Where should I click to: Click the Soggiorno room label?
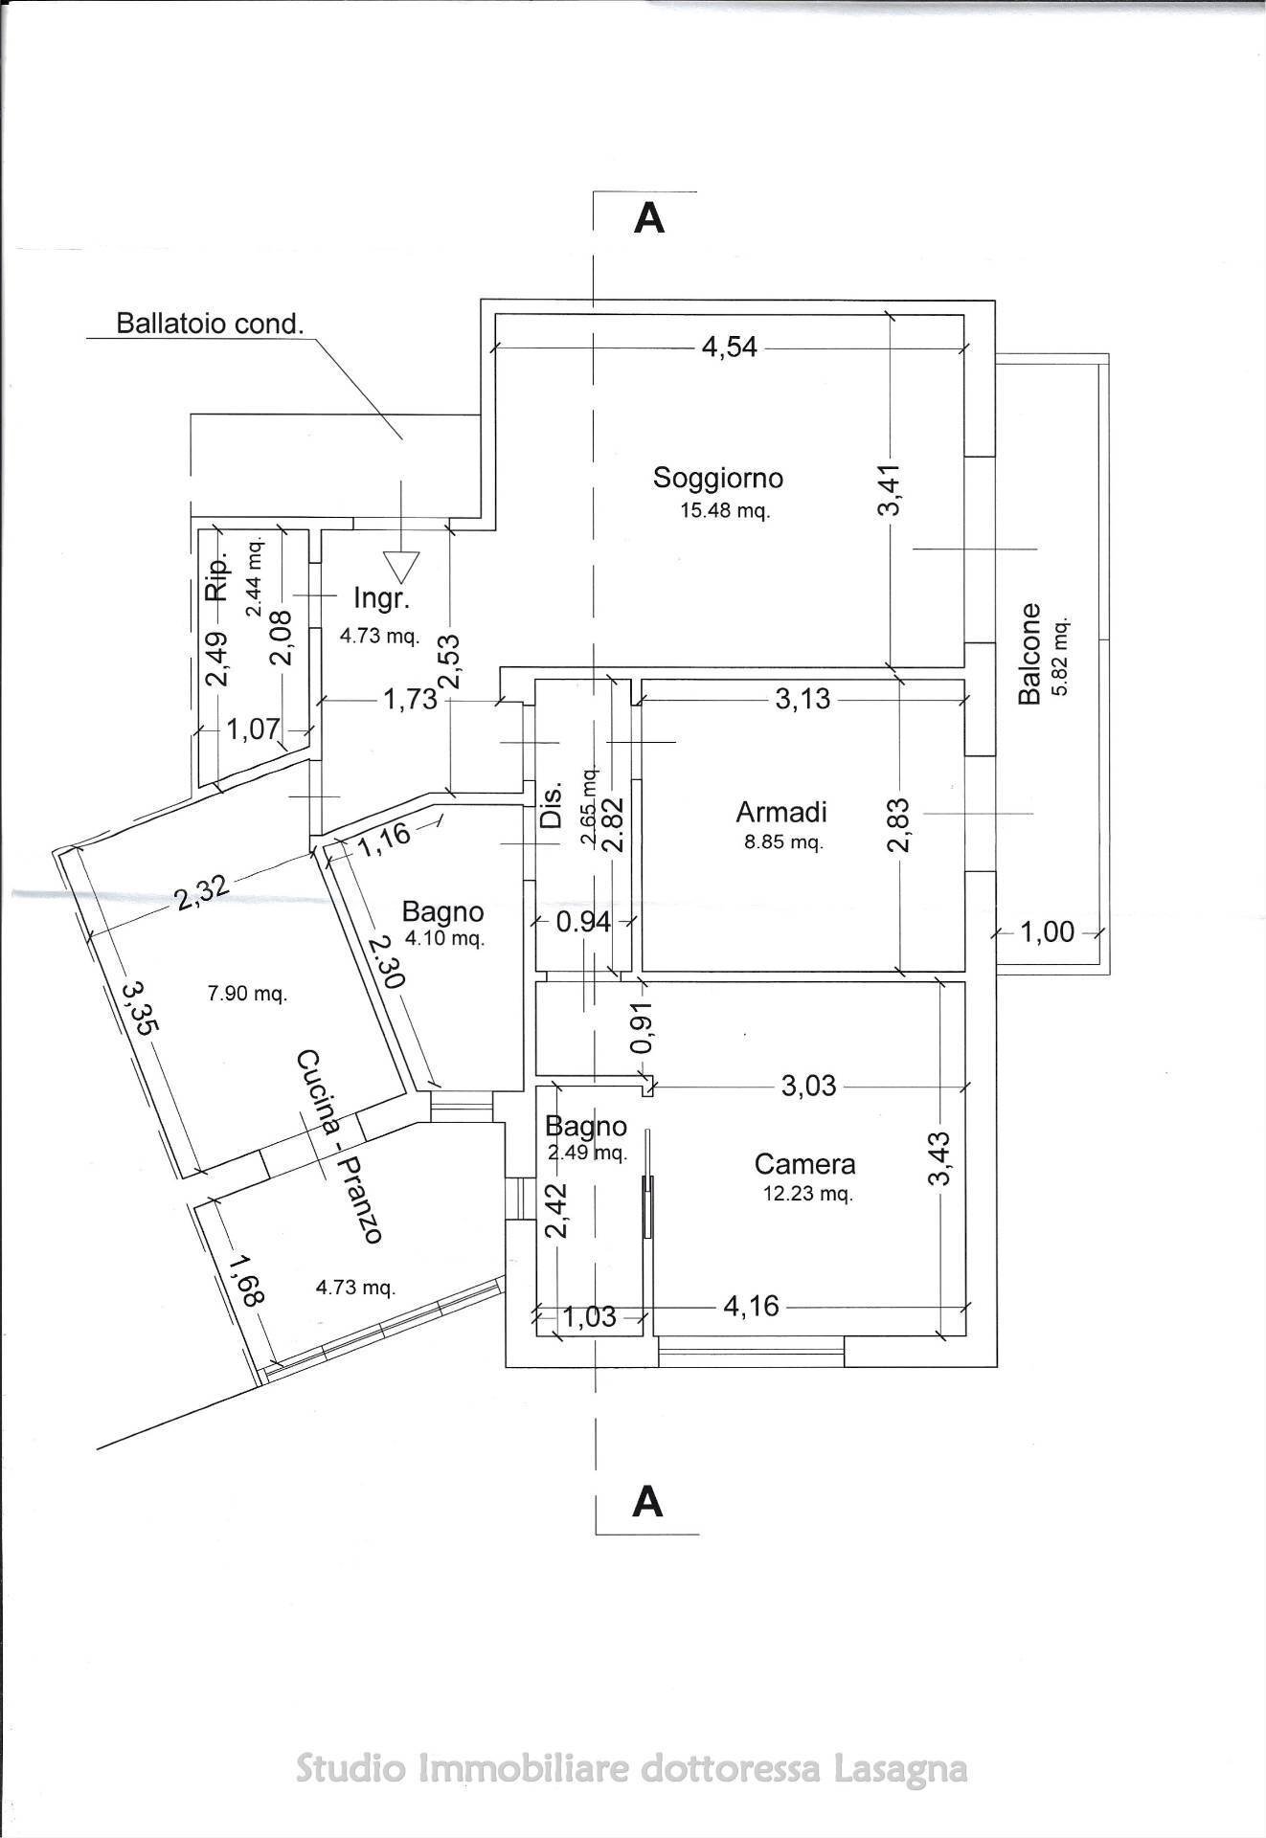click(718, 477)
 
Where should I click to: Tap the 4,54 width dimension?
click(730, 347)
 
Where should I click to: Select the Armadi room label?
click(781, 812)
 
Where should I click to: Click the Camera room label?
click(804, 1164)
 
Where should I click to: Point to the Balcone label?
click(1029, 654)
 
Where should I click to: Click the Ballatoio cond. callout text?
click(210, 323)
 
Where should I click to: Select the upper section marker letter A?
click(649, 219)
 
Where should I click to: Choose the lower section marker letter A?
click(648, 1501)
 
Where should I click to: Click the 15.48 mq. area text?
click(725, 510)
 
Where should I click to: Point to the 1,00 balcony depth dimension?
click(1048, 931)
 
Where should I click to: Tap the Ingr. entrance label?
click(381, 599)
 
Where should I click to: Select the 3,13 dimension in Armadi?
click(803, 700)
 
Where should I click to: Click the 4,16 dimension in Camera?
click(752, 1305)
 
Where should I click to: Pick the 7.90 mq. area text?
click(247, 994)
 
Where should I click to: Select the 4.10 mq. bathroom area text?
click(444, 938)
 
